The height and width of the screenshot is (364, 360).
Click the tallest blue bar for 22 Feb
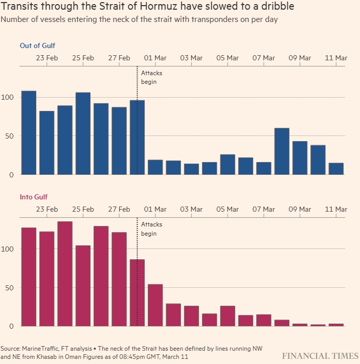pos(29,133)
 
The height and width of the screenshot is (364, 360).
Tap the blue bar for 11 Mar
pos(336,169)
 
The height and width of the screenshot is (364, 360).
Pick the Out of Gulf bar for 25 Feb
pos(83,133)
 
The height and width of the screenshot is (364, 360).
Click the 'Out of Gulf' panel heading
pos(37,45)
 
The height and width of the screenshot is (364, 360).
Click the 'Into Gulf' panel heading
pos(34,197)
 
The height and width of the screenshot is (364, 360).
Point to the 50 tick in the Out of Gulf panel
pos(10,136)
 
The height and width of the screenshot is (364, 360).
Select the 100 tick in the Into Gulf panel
pos(8,249)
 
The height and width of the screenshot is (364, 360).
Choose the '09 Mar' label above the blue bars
pos(300,58)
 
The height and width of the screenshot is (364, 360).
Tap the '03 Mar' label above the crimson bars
pos(191,209)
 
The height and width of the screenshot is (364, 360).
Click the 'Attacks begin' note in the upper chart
pos(151,77)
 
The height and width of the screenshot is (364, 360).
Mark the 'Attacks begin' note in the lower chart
pos(151,229)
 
